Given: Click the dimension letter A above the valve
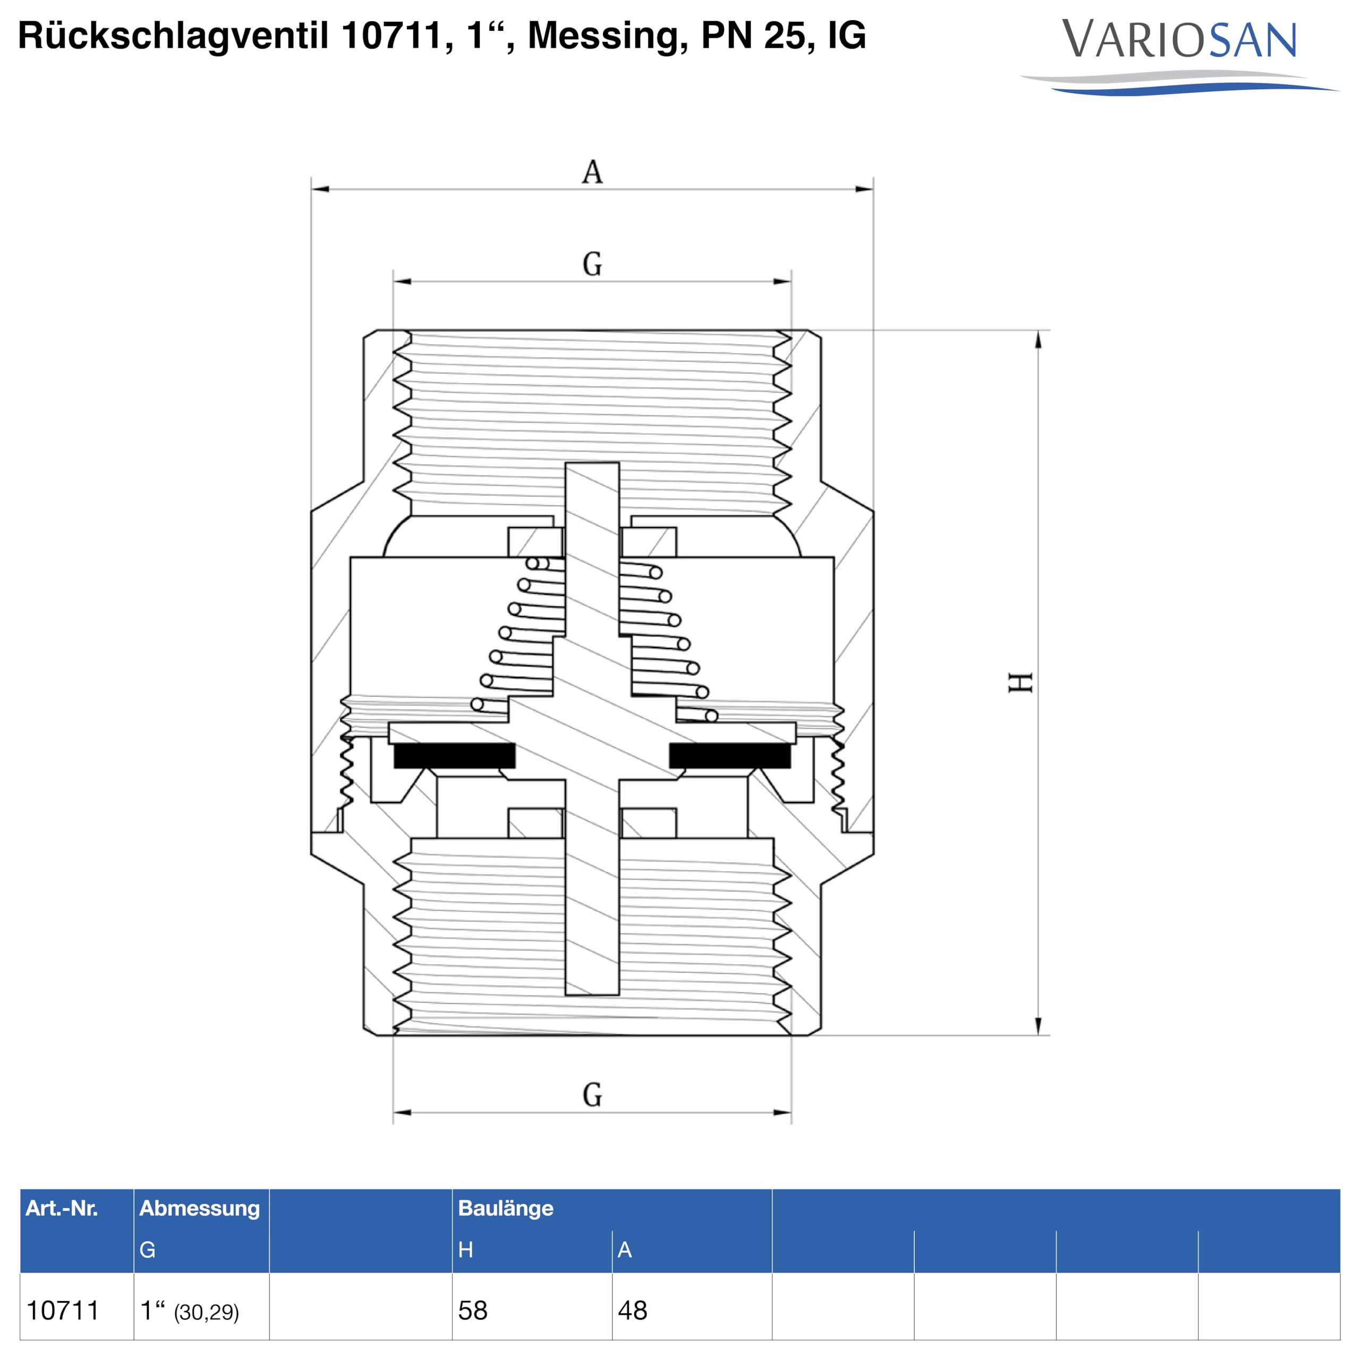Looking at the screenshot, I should point(592,172).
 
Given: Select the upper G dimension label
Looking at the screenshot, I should point(592,264).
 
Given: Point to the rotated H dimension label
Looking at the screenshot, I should point(1020,682).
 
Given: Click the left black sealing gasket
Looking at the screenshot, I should point(454,755).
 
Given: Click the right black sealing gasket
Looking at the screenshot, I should point(729,755).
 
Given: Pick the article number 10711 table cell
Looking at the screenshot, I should point(63,1310).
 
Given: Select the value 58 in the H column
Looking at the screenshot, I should point(472,1310).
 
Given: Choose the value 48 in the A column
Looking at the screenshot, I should point(632,1310).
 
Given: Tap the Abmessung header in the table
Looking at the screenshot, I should point(199,1208).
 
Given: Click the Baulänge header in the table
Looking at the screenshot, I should point(505,1208).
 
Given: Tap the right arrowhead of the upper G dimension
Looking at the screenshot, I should point(782,282).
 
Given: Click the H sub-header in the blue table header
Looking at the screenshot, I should point(465,1249).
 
